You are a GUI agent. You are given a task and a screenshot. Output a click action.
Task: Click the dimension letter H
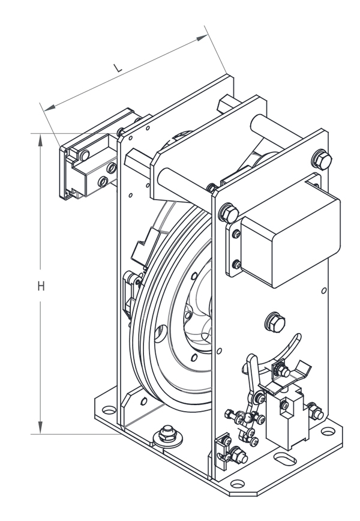[x=41, y=286]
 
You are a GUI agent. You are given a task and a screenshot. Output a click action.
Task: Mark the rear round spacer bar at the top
[x=258, y=126]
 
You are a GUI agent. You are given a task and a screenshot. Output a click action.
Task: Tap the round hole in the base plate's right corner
[x=328, y=431]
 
